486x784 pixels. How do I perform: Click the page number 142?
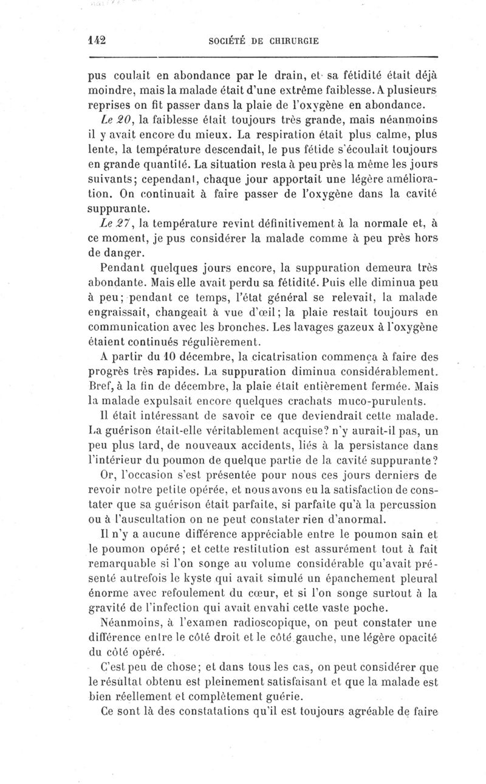tap(97, 40)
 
